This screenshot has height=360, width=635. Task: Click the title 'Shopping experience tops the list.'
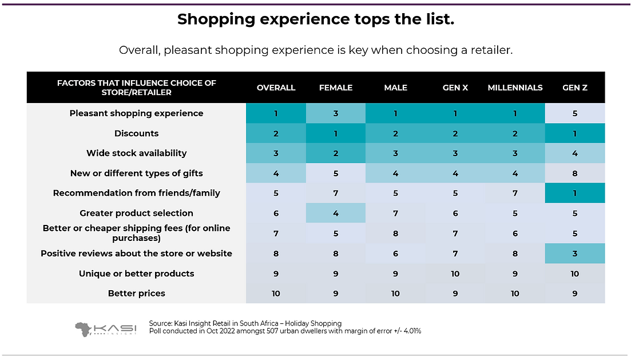[x=316, y=19]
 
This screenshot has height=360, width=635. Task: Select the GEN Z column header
[x=575, y=88]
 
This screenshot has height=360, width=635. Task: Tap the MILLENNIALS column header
[x=515, y=88]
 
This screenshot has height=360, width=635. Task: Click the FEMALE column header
[x=336, y=88]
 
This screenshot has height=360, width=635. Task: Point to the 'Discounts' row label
[x=136, y=133]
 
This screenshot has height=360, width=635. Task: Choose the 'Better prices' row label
[x=136, y=294]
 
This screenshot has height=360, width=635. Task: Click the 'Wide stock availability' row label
[x=136, y=153]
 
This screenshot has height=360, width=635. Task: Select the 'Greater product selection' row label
[x=136, y=213]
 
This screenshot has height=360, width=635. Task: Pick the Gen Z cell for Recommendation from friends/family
[x=575, y=193]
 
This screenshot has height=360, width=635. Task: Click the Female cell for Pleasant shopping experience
[x=336, y=113]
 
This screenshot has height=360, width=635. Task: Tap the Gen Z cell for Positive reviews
[x=575, y=254]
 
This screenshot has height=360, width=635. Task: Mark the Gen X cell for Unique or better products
[x=455, y=274]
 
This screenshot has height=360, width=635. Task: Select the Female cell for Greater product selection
[x=336, y=213]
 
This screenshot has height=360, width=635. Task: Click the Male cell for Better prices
[x=395, y=294]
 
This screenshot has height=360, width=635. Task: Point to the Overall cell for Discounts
[x=276, y=133]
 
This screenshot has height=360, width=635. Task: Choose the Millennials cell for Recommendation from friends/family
[x=515, y=193]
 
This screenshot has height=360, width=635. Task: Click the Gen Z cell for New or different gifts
[x=575, y=173]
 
